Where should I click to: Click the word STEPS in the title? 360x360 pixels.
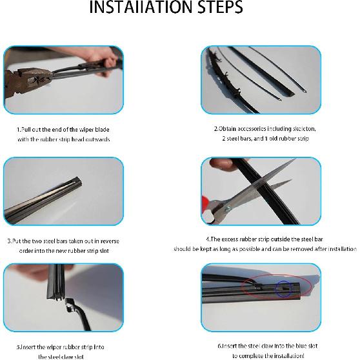(x=220, y=7)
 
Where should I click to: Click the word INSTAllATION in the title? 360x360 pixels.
(x=141, y=7)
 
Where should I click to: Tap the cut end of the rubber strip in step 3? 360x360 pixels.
(x=78, y=181)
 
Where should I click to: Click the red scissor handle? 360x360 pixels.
(x=206, y=203)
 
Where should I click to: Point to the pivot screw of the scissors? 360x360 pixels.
(x=228, y=208)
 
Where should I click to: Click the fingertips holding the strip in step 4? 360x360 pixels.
(x=221, y=164)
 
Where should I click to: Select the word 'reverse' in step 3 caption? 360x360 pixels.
(x=110, y=241)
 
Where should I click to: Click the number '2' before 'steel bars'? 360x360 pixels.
(x=224, y=139)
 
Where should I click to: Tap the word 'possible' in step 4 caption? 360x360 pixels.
(x=250, y=249)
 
